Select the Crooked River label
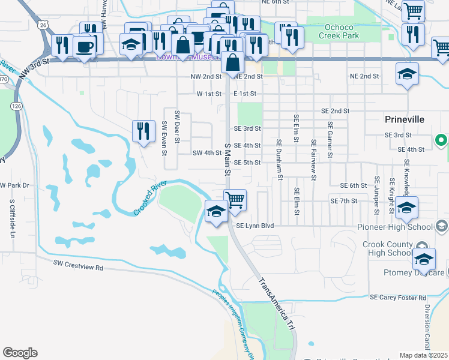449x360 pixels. pyautogui.click(x=149, y=199)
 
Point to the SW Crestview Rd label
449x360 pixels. pyautogui.click(x=78, y=263)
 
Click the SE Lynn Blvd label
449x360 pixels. pyautogui.click(x=255, y=226)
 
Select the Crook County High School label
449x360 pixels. pyautogui.click(x=388, y=249)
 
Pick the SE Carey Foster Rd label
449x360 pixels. pyautogui.click(x=398, y=298)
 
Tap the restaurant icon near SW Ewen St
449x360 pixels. pyautogui.click(x=143, y=131)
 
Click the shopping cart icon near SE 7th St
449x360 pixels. pyautogui.click(x=235, y=199)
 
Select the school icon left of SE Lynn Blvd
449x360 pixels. pyautogui.click(x=216, y=211)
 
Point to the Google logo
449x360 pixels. pyautogui.click(x=20, y=353)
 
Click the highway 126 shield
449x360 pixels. pyautogui.click(x=16, y=106)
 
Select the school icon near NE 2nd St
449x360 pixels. pyautogui.click(x=407, y=74)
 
